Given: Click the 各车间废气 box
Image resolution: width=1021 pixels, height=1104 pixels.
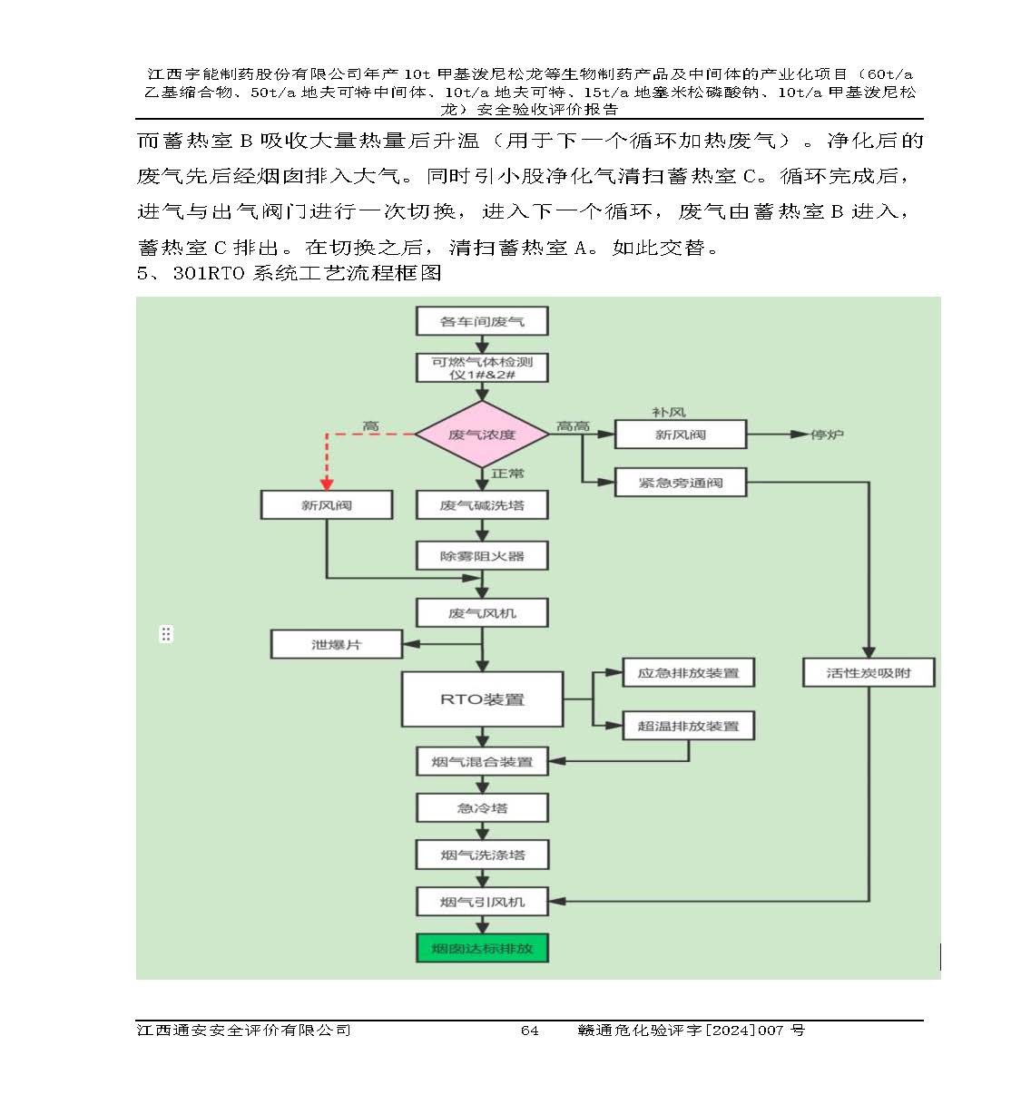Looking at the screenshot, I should tap(482, 321).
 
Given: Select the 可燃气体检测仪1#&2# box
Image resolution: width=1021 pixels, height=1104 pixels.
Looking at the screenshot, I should tap(482, 367).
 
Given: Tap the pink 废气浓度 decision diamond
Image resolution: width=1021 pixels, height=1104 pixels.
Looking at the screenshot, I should tap(482, 435).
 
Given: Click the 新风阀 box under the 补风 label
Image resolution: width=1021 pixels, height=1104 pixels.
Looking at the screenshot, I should tap(681, 435).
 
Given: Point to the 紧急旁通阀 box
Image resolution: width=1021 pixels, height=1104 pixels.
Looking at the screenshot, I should tap(681, 483).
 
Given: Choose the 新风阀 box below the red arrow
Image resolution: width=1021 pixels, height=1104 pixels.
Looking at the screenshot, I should tap(327, 505).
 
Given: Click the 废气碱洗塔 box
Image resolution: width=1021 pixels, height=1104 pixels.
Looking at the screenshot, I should tap(482, 505).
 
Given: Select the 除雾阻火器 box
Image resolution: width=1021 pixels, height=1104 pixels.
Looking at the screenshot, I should tap(482, 556).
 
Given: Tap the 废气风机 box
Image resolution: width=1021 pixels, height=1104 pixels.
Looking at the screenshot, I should tap(482, 613).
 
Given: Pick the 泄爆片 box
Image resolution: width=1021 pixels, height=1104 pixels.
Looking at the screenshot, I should tap(337, 645).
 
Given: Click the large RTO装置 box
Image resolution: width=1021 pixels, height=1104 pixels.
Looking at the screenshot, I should tap(482, 699).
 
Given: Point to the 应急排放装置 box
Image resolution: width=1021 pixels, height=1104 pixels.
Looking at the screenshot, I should tap(688, 673).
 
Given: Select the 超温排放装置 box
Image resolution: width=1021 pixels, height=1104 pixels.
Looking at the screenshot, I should tap(688, 726).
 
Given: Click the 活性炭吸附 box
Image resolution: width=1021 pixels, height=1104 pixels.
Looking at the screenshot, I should tap(869, 673).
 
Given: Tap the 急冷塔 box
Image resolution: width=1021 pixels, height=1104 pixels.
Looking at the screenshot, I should tap(482, 807).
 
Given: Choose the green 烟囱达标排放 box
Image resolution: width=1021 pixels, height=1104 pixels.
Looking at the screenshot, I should tap(482, 949).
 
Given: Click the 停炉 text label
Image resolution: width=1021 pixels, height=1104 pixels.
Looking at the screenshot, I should tap(827, 435).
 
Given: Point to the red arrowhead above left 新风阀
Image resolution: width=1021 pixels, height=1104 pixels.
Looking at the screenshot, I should tap(327, 484).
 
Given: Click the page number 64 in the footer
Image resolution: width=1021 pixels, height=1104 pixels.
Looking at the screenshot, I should tap(529, 1030).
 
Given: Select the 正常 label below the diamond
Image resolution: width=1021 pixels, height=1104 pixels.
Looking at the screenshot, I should tap(507, 474).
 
